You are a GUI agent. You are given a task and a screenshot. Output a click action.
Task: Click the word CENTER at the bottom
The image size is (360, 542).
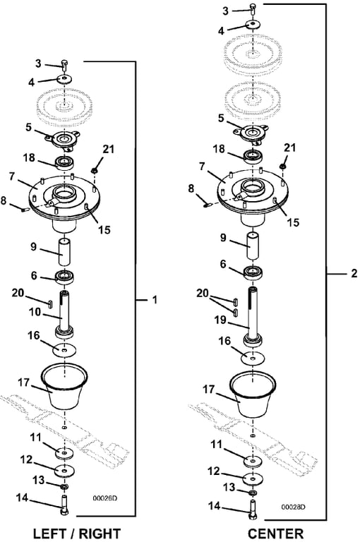click(x=275, y=534)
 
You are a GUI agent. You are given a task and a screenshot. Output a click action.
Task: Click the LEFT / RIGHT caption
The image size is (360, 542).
click(x=76, y=534)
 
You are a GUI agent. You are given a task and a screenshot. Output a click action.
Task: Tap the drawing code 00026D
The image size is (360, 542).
click(x=104, y=498)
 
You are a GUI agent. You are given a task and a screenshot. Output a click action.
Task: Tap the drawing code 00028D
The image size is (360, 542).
click(x=293, y=507)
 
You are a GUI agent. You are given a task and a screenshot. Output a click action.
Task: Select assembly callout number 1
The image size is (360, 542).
click(x=155, y=300)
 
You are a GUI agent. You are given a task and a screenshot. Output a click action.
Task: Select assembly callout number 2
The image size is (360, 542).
click(x=354, y=273)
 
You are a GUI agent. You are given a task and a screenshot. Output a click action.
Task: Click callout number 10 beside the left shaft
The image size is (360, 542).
click(x=35, y=313)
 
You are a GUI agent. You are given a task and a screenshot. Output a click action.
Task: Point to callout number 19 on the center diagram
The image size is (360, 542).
click(x=220, y=320)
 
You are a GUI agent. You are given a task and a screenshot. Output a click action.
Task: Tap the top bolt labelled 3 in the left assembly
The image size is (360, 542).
click(x=65, y=65)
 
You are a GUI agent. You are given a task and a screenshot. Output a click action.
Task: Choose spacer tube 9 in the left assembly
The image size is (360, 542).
click(x=65, y=251)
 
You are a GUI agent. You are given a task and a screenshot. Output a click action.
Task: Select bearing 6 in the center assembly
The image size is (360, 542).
click(x=253, y=272)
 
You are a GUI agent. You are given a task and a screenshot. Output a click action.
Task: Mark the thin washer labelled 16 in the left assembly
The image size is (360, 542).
click(x=65, y=351)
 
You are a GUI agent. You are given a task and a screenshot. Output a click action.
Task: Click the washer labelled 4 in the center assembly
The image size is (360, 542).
click(x=253, y=25)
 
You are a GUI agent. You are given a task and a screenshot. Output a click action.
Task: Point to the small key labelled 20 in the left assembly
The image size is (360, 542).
click(x=49, y=303)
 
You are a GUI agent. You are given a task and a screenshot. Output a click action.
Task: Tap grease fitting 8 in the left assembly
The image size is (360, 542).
click(x=24, y=209)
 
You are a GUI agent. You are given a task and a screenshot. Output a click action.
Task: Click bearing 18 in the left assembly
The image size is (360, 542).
click(x=65, y=162)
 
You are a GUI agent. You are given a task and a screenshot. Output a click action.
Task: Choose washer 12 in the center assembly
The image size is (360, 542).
click(x=253, y=479)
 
